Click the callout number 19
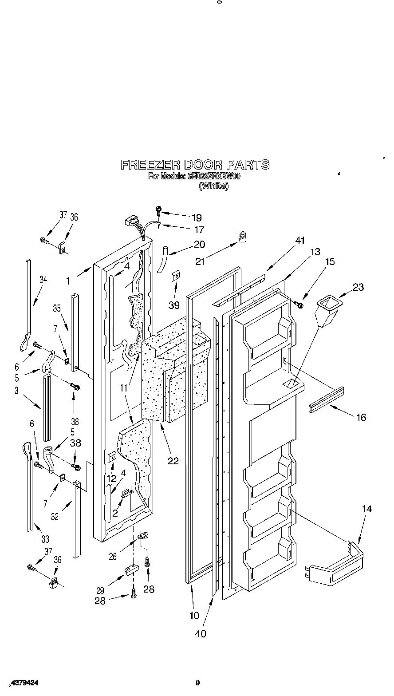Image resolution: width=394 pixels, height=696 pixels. click(197, 217)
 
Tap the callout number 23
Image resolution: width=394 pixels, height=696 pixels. click(358, 287)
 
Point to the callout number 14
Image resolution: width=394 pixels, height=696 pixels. click(366, 509)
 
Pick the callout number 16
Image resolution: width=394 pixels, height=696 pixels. click(361, 417)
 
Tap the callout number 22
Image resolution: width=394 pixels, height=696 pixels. click(173, 461)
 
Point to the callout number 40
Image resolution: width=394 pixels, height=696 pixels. click(201, 633)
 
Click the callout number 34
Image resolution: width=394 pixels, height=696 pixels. click(43, 279)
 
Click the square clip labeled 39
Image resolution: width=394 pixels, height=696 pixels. click(176, 277)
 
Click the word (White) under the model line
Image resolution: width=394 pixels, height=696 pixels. click(213, 186)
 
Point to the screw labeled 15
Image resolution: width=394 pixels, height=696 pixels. click(298, 304)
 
